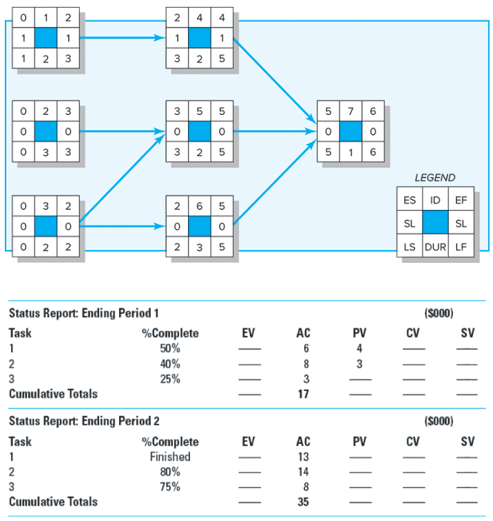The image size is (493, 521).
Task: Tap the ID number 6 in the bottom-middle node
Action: [199, 206]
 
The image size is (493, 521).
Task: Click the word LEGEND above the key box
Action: [434, 178]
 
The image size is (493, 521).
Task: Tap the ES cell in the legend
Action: [409, 200]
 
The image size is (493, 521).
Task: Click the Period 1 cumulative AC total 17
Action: [303, 394]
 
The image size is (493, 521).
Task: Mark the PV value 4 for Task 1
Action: [359, 349]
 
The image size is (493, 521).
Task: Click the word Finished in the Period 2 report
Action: [170, 457]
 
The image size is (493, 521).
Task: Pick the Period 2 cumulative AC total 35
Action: [303, 502]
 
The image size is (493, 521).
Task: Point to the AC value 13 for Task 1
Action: [304, 457]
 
